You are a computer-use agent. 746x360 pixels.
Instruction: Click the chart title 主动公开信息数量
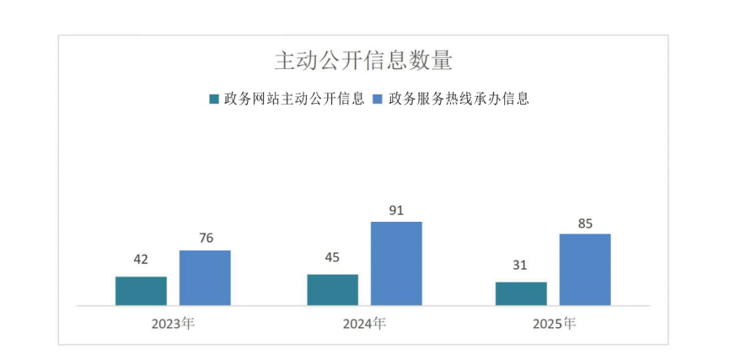[x=363, y=62]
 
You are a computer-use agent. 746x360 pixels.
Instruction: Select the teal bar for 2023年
[x=141, y=291]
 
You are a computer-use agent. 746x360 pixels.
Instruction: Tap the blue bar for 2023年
[x=205, y=277]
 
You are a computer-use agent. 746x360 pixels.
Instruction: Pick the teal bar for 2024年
[x=332, y=289]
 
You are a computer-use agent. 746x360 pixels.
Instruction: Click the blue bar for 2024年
[x=396, y=263]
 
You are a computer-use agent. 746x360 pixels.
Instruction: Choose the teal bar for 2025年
[x=521, y=293]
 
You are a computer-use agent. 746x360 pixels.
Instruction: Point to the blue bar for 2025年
[x=585, y=269]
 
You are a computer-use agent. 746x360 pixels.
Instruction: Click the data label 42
[x=140, y=260]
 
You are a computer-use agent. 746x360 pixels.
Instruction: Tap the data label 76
[x=204, y=238]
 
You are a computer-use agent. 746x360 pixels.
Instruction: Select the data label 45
[x=332, y=257]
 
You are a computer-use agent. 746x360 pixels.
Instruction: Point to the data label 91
[x=396, y=209]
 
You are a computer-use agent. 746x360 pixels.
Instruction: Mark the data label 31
[x=521, y=266]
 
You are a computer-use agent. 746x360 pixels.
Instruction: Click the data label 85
[x=585, y=223]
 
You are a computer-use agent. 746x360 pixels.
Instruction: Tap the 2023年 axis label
[x=173, y=323]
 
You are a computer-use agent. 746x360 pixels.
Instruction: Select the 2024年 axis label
[x=364, y=323]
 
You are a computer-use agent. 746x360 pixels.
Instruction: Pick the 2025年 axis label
[x=553, y=323]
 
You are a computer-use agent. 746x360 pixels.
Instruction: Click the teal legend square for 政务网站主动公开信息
[x=214, y=99]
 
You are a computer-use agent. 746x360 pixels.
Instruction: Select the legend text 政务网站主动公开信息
[x=294, y=99]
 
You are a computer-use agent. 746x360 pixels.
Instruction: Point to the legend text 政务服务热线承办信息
[x=459, y=99]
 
